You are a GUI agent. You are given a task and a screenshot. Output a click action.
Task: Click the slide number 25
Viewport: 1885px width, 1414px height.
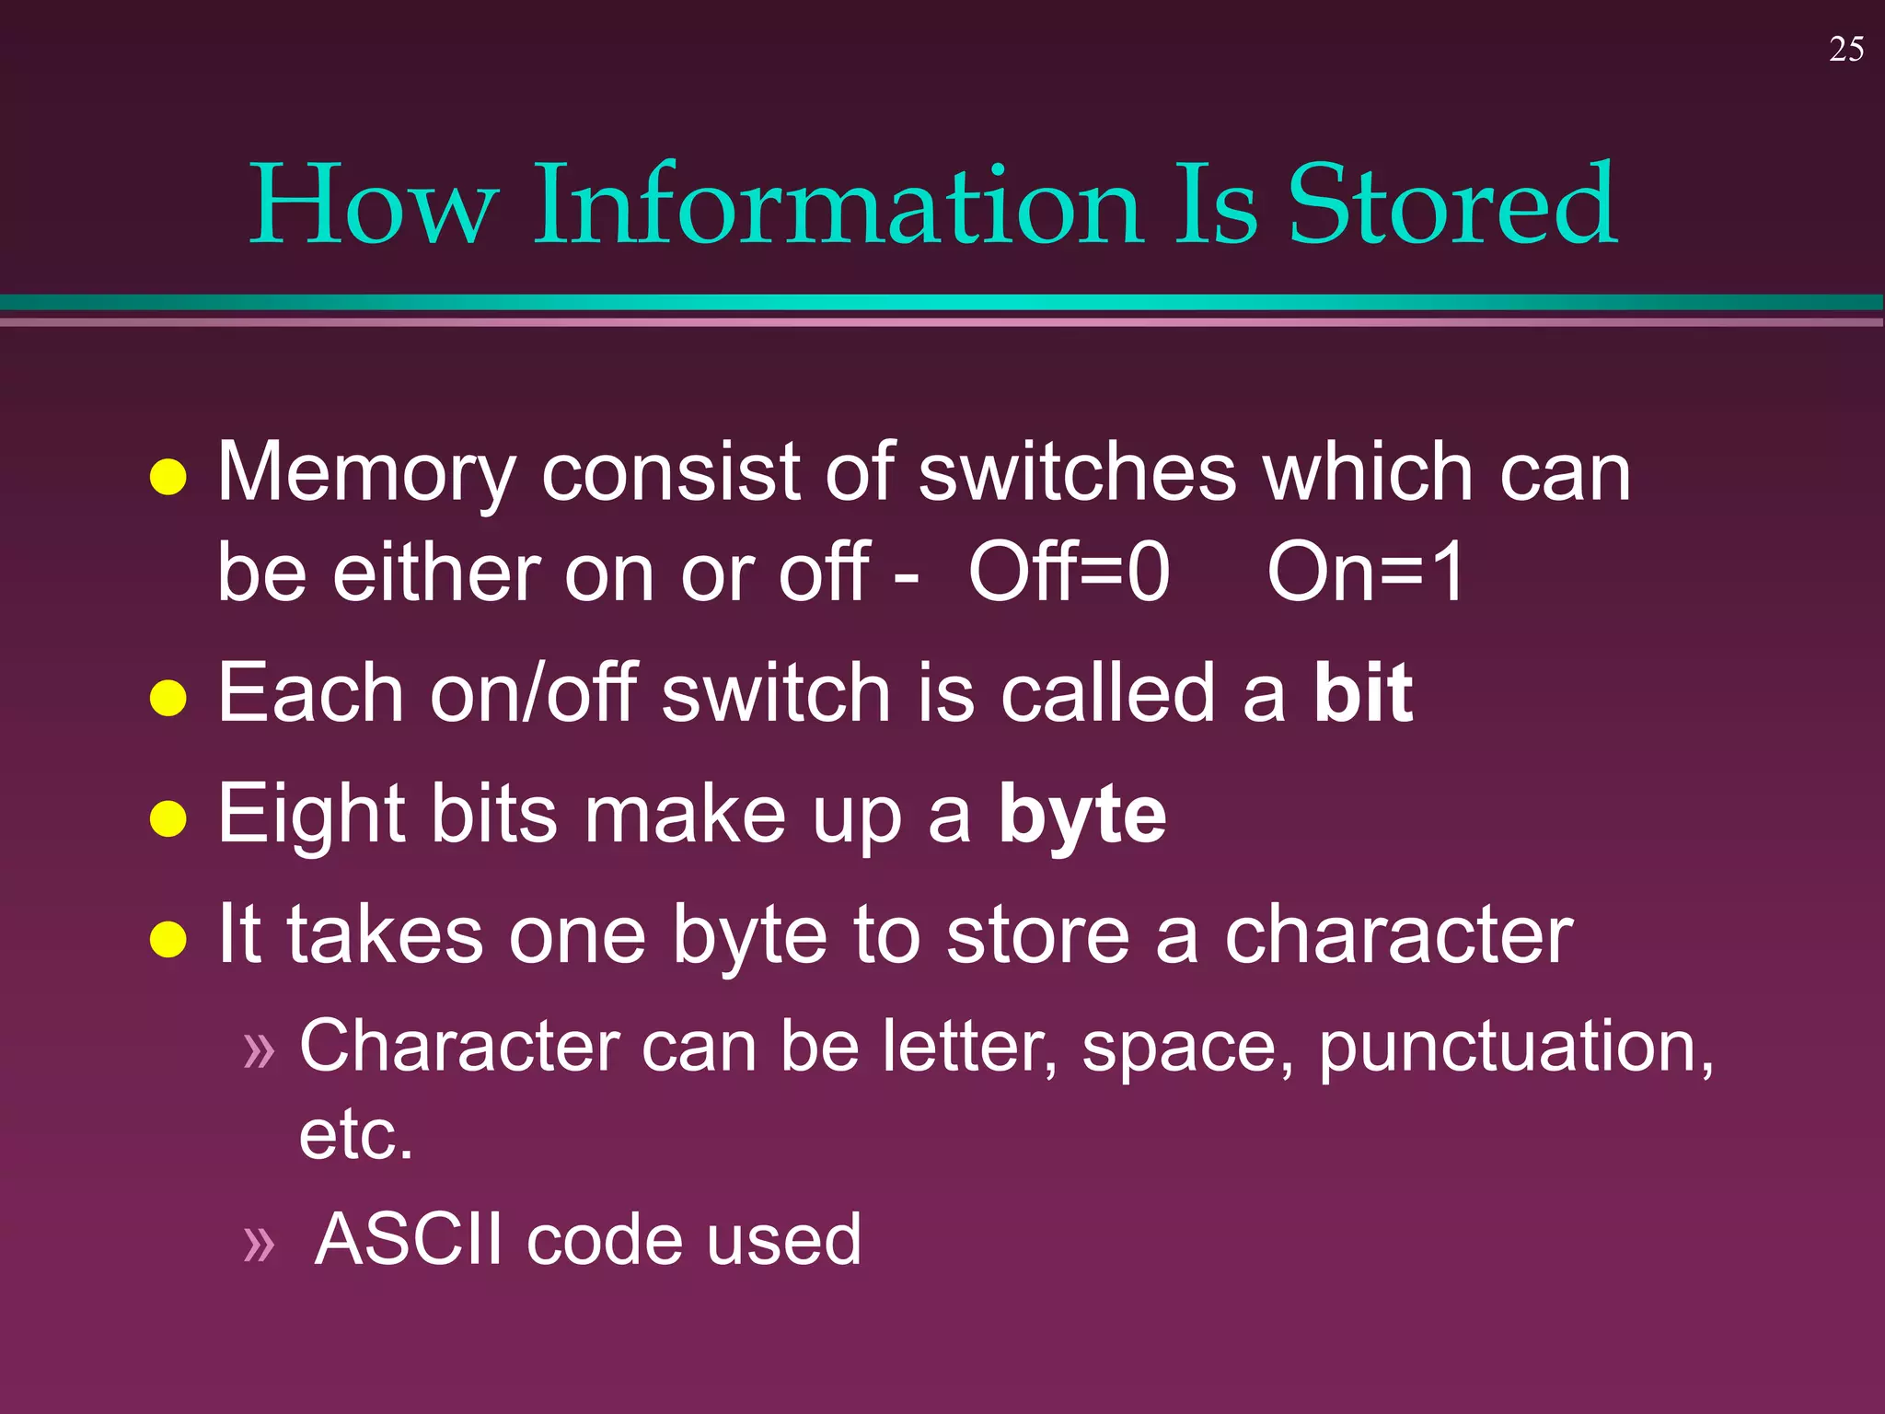tap(1845, 50)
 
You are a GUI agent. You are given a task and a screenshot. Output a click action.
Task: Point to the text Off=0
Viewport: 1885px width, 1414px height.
tap(1069, 573)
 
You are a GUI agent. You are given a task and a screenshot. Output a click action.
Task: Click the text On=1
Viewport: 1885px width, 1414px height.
tap(1365, 573)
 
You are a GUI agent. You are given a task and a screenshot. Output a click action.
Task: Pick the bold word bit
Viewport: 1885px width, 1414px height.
tap(1362, 692)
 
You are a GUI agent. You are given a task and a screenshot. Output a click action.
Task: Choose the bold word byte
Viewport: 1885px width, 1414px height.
tap(1082, 815)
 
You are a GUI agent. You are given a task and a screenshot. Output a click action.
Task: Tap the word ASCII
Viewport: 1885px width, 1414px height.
tap(409, 1239)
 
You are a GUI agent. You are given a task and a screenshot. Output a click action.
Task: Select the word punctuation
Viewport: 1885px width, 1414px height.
tap(1515, 1048)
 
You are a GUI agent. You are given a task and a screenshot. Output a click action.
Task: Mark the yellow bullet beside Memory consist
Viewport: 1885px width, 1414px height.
tap(168, 477)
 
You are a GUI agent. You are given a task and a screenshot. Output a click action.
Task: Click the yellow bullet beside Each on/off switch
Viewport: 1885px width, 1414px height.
tap(168, 697)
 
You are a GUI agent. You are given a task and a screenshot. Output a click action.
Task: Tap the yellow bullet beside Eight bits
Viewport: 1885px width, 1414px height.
tap(168, 818)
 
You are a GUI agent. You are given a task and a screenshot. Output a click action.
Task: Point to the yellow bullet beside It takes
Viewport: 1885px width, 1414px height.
tap(168, 939)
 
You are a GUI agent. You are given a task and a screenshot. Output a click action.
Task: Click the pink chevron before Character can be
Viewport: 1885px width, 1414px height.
tap(259, 1050)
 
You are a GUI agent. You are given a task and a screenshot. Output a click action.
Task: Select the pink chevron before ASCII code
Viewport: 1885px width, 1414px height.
tap(259, 1244)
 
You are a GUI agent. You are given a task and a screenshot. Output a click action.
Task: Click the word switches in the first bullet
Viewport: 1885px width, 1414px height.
tap(1077, 472)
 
